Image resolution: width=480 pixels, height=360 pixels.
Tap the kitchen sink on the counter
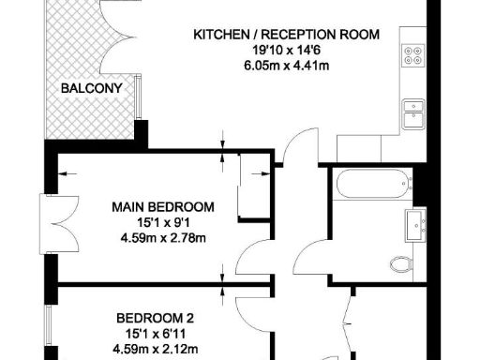click(412, 114)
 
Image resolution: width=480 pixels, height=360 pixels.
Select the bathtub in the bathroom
click(371, 185)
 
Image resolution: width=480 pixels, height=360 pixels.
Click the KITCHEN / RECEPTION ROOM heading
click(286, 35)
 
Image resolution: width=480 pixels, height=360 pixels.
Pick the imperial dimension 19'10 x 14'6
click(286, 50)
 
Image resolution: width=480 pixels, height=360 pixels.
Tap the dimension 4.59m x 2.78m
click(163, 237)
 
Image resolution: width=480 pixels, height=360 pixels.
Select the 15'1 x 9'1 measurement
click(163, 222)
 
